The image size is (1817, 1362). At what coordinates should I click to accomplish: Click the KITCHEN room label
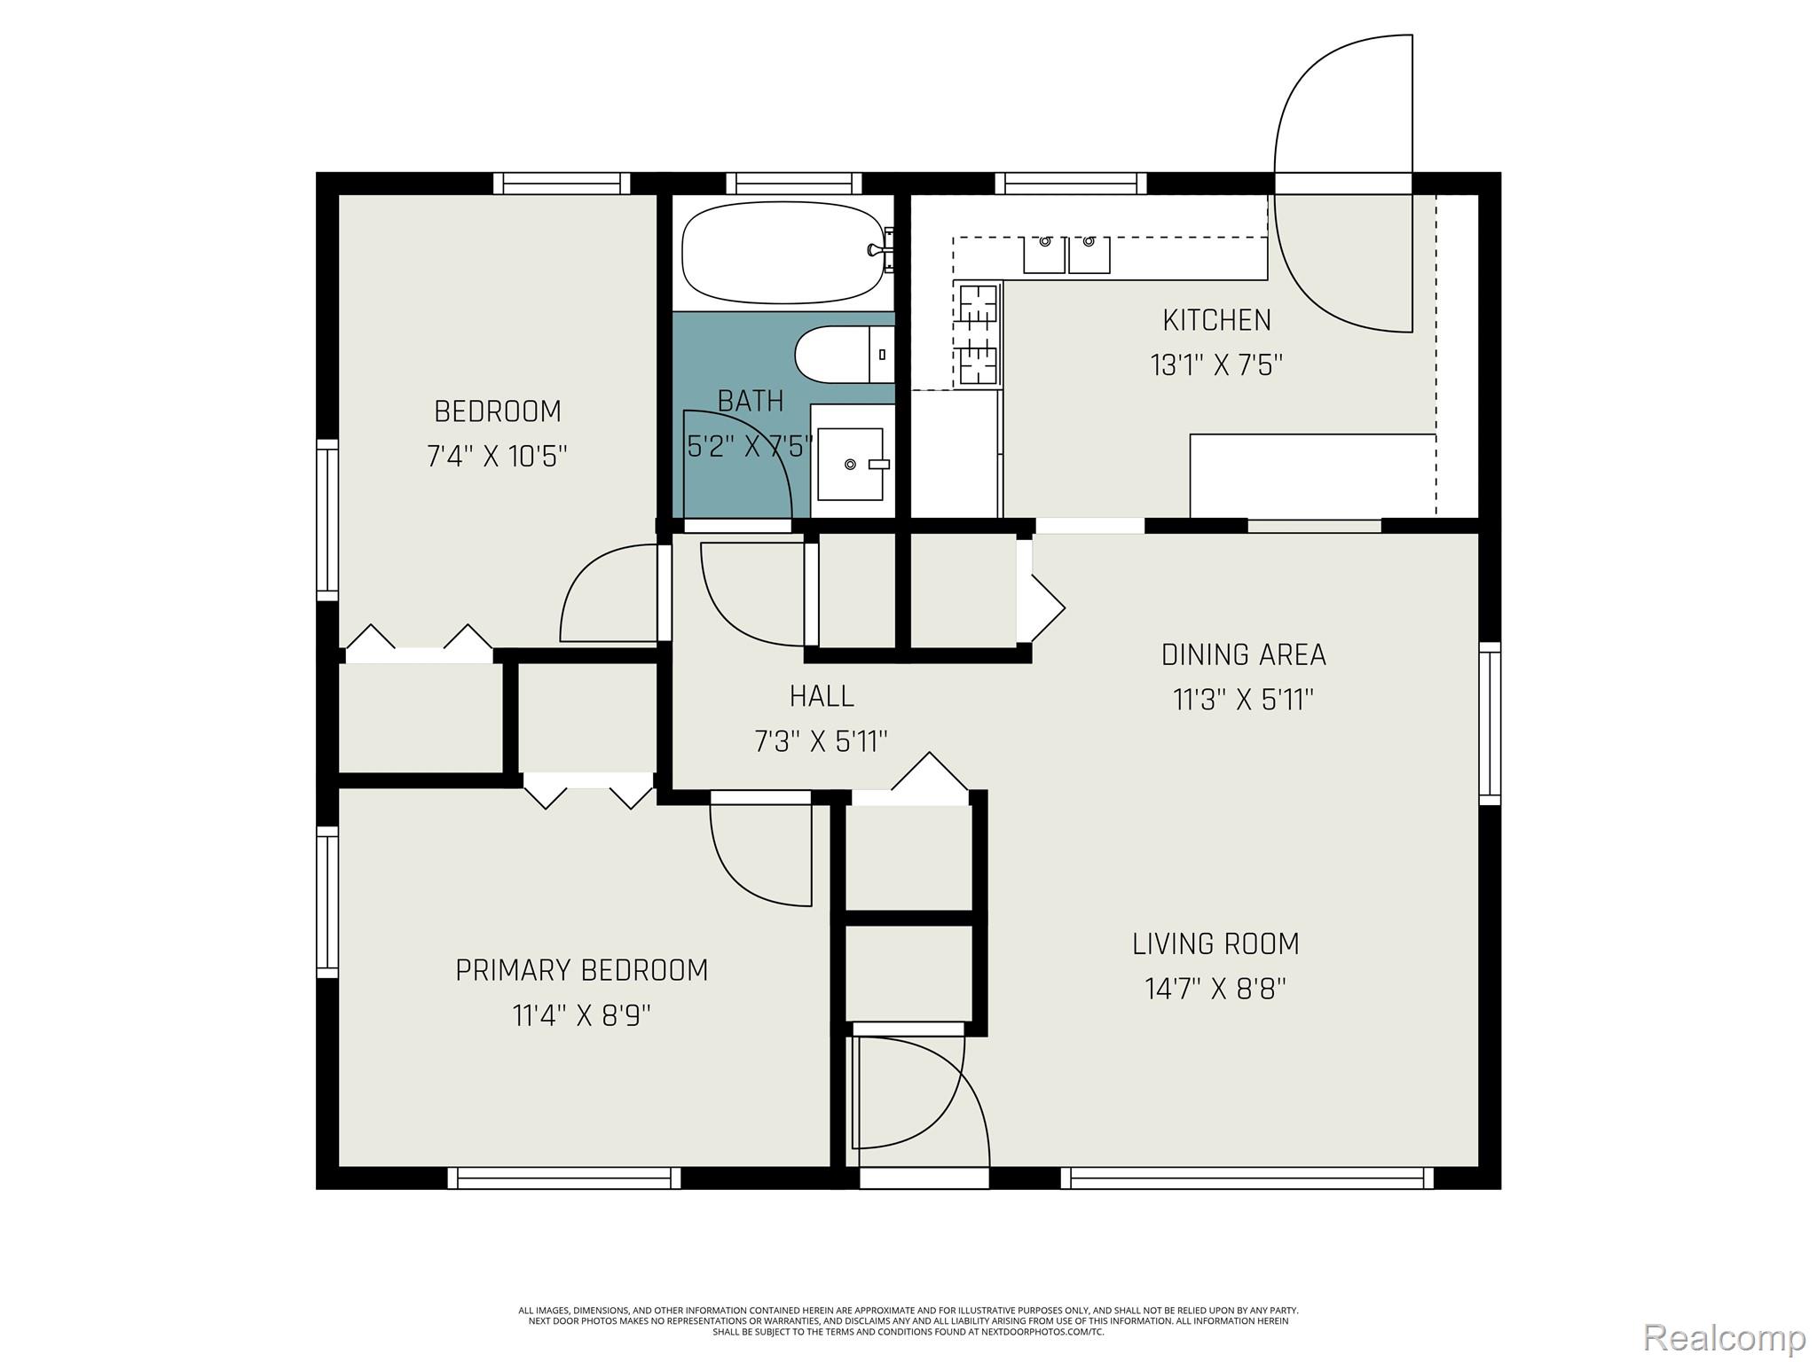coord(1216,320)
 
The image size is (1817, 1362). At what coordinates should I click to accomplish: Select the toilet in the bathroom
coord(843,355)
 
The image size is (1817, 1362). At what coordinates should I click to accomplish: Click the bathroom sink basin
coord(850,464)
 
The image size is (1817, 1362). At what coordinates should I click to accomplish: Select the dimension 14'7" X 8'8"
coord(1215,989)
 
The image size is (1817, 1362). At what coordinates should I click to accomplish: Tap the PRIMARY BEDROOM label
coord(582,970)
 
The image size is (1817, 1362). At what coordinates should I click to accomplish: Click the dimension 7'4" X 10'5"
coord(497,457)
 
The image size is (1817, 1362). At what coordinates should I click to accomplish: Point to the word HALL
coord(822,696)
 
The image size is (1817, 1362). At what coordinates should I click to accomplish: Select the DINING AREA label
coord(1243,655)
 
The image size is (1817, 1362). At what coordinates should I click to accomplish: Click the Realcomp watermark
coord(1724,1337)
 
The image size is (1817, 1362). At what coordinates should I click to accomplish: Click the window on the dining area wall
coord(1491,724)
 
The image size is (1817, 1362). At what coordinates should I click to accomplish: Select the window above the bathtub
coord(794,184)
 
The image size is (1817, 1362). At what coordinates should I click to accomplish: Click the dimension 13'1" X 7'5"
coord(1216,365)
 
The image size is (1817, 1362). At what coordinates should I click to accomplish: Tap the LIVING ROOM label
coord(1215,943)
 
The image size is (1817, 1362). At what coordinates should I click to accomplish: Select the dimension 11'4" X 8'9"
coord(582,1015)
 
